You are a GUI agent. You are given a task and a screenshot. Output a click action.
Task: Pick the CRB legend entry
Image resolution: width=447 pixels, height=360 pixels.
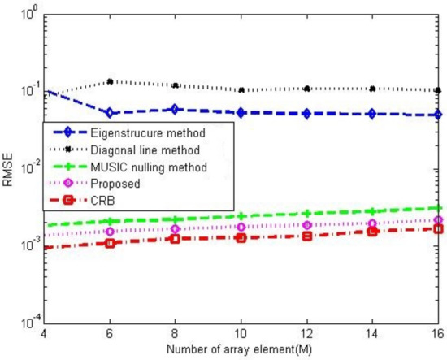click(x=105, y=202)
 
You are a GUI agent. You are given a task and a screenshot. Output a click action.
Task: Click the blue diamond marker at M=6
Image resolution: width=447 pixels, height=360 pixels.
click(x=110, y=113)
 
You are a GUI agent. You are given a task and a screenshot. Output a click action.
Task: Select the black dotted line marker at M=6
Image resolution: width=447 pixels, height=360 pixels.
click(x=110, y=81)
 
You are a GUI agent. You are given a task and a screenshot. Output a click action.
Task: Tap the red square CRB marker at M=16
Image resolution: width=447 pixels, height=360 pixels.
click(x=438, y=229)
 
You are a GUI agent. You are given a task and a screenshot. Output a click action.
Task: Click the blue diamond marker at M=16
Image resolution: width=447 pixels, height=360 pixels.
click(x=438, y=115)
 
